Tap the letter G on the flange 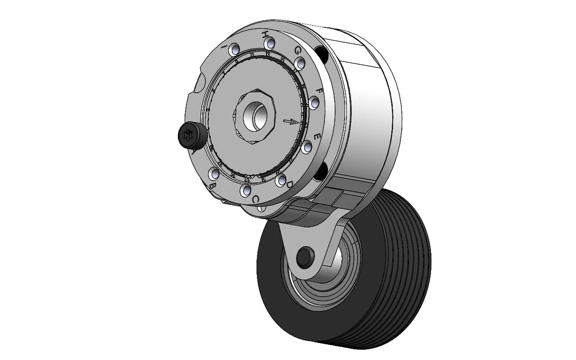297,51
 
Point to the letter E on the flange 317,136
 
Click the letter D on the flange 290,184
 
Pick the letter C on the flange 255,199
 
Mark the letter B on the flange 213,185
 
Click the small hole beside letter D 282,181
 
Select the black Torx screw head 189,134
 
